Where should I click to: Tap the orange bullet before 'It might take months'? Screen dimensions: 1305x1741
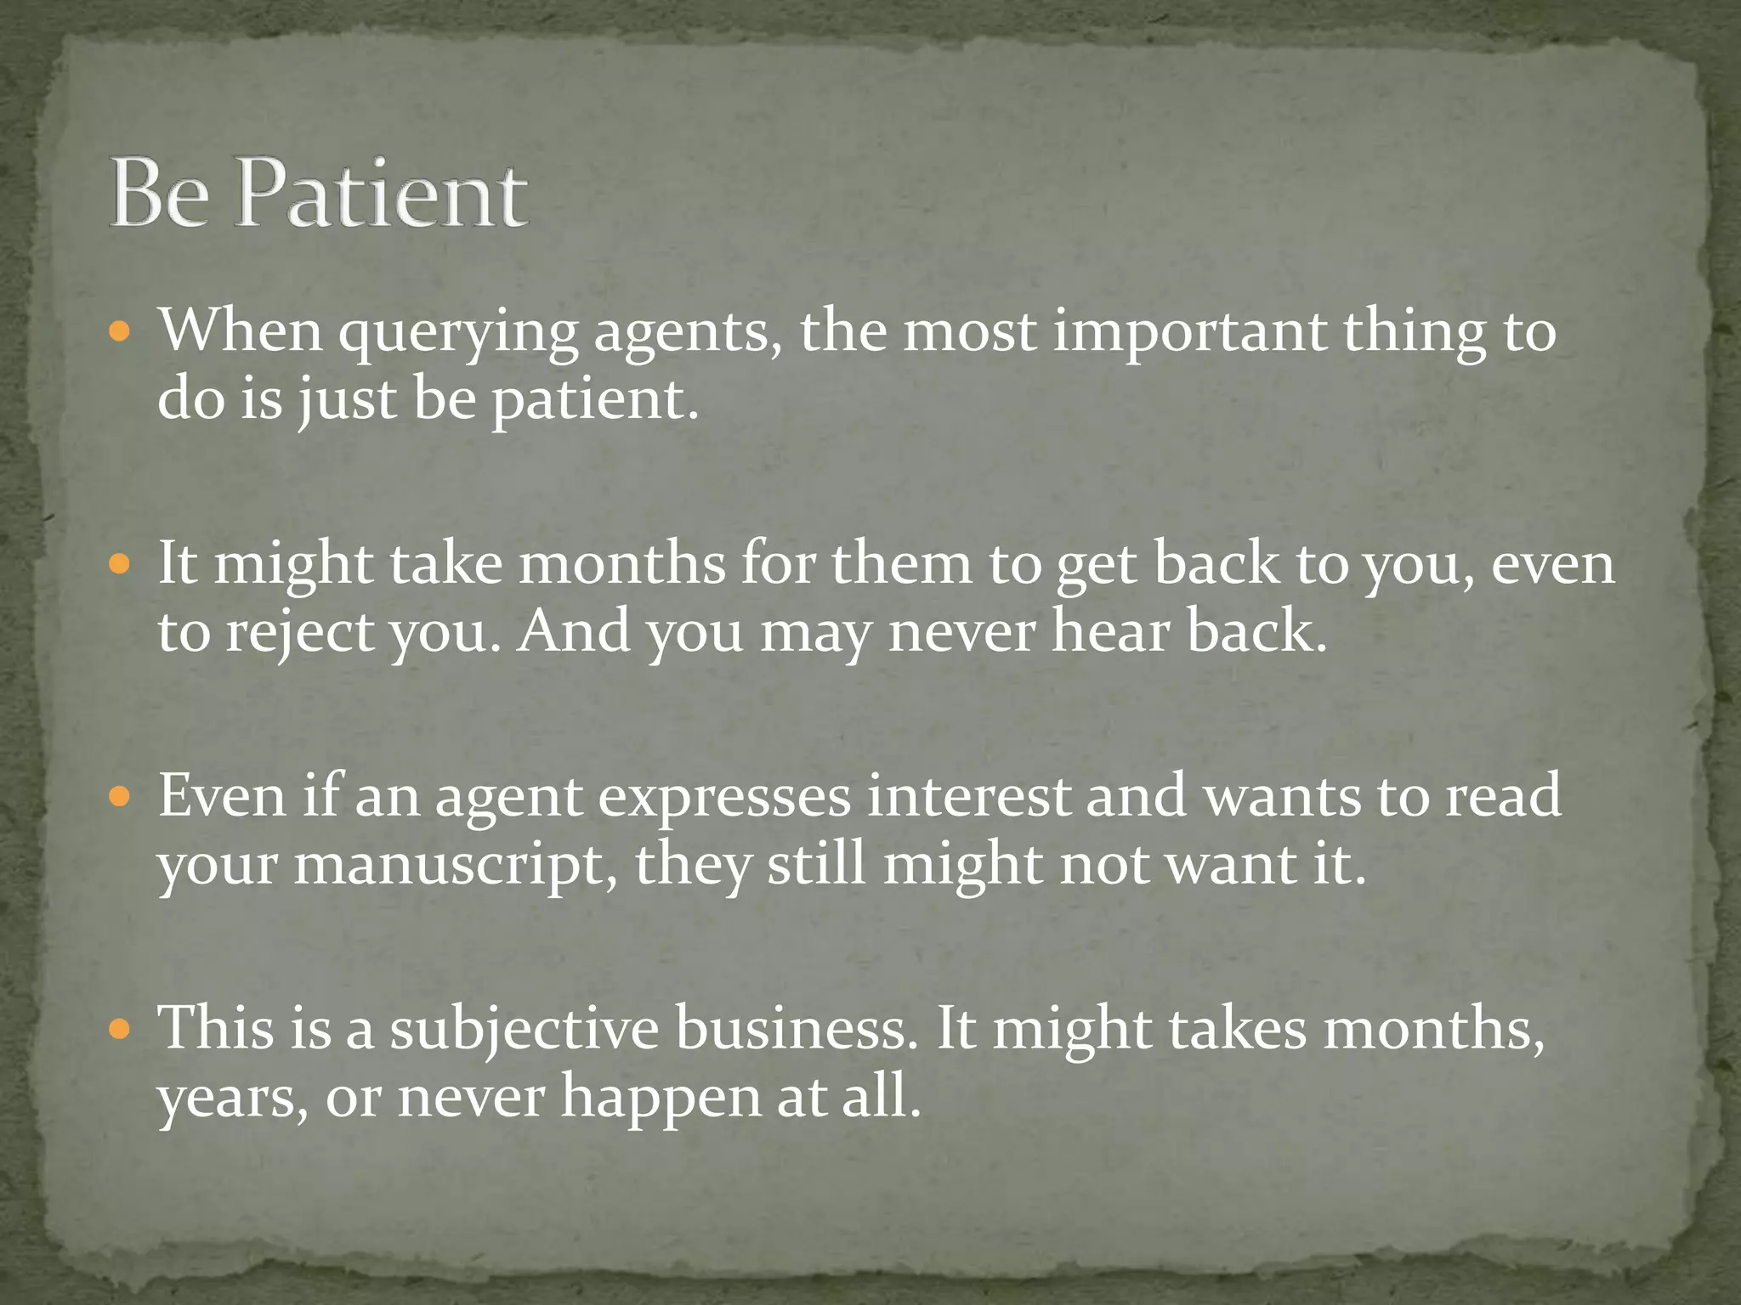pyautogui.click(x=120, y=563)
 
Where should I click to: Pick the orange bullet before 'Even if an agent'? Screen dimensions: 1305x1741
pyautogui.click(x=120, y=796)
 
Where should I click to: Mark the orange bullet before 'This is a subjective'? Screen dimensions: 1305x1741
pyautogui.click(x=120, y=1029)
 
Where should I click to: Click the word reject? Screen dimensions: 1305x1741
pyautogui.click(x=299, y=634)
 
